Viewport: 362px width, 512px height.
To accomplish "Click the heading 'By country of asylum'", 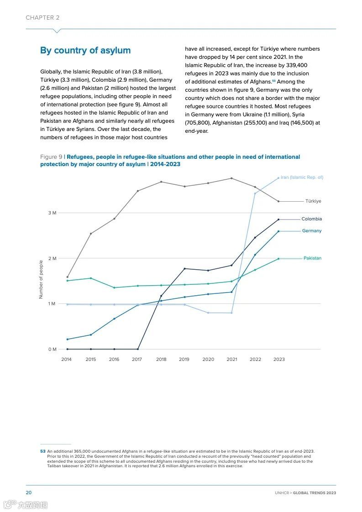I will click(85, 51).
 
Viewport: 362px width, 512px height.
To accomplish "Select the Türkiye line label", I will click(313, 201).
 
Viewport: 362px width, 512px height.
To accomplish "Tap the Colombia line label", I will click(311, 219).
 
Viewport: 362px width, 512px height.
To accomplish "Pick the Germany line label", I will click(312, 231).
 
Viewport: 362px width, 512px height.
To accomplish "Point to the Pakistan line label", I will click(312, 258).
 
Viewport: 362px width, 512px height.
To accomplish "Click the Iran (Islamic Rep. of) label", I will click(302, 178).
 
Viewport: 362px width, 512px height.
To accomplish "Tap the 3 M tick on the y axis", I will click(52, 213).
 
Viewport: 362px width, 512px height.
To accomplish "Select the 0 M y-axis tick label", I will click(52, 350).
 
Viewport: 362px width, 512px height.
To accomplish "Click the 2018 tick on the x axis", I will click(161, 360).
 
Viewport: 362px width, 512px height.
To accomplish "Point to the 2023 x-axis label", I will click(279, 360).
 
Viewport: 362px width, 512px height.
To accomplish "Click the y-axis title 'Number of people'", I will click(41, 279).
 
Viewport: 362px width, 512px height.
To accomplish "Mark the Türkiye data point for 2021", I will click(231, 178).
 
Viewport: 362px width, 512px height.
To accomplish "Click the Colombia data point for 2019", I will click(184, 268).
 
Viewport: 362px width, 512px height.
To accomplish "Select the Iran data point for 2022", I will click(255, 193).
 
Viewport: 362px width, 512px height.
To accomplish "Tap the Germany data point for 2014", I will click(67, 339).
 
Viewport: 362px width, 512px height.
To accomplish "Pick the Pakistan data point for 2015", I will click(91, 278).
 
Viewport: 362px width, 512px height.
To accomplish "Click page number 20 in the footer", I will click(28, 493).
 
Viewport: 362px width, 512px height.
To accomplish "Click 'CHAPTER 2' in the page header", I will click(42, 18).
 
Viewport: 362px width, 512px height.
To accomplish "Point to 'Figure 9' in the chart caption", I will click(51, 157).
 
